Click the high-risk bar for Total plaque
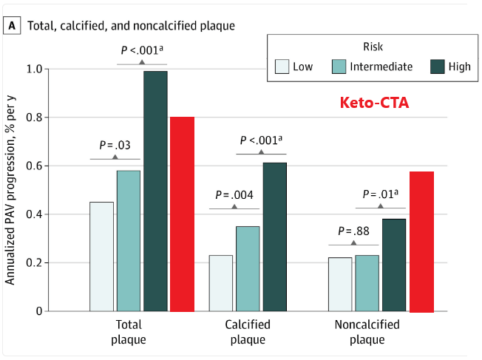pos(155,191)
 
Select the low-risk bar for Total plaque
pos(102,256)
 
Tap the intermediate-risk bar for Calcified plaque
pos(248,268)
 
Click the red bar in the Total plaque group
pos(182,214)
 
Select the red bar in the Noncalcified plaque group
pos(421,241)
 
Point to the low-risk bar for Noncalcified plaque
pos(340,284)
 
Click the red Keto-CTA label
pos(374,103)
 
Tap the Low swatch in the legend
pos(282,67)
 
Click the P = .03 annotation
pos(115,145)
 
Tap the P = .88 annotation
pos(353,231)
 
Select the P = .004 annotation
pos(234,195)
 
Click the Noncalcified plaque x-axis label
pos(367,332)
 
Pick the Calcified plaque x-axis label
pos(248,332)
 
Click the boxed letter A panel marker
pos(13,26)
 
